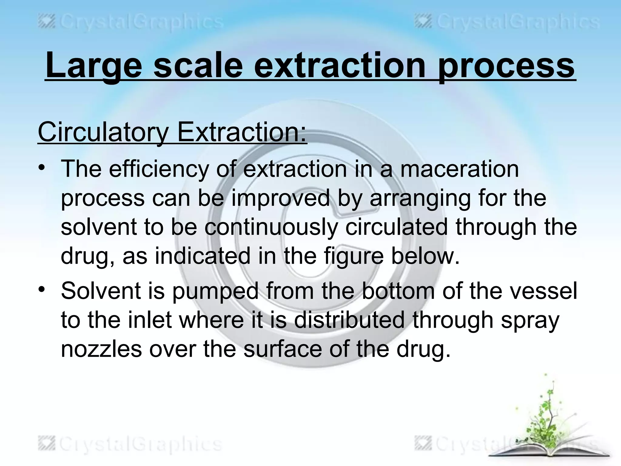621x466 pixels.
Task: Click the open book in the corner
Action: [549, 452]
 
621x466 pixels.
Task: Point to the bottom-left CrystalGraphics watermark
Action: [130, 444]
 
